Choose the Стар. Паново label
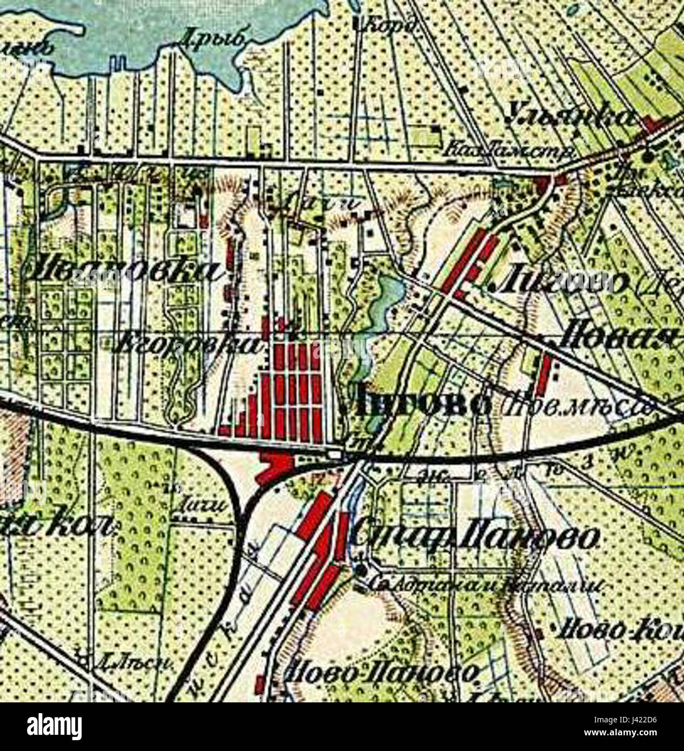click(x=476, y=535)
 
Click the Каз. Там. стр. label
click(x=512, y=151)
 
